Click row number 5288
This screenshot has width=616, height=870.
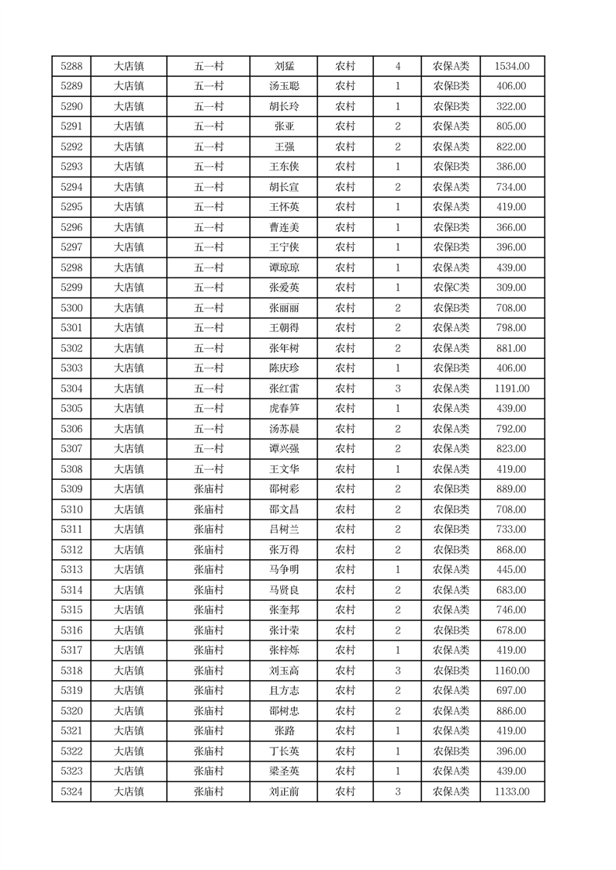tap(71, 67)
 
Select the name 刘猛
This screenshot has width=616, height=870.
tap(284, 67)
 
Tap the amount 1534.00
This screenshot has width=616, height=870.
tap(512, 67)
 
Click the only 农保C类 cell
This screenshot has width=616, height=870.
tap(451, 288)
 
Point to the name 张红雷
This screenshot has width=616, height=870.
tap(284, 388)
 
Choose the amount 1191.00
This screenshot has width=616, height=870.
tap(512, 388)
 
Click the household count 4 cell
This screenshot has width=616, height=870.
tap(397, 67)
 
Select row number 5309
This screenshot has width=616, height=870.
tap(71, 489)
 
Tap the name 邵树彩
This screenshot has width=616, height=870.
tap(284, 489)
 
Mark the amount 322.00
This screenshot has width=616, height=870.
tap(512, 107)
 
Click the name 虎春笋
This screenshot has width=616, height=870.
tap(284, 409)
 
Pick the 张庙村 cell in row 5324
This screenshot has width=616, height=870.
tap(209, 792)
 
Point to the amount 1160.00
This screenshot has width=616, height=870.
tap(512, 671)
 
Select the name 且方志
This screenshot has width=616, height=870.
tap(284, 691)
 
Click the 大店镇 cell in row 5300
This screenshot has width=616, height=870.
tap(129, 308)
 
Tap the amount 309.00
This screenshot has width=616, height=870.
tap(512, 288)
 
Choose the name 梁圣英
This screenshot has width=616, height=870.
tap(284, 772)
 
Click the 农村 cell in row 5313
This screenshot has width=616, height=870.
tap(345, 570)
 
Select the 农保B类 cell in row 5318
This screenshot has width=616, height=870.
tap(451, 671)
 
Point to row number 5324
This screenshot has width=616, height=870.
tap(71, 792)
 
